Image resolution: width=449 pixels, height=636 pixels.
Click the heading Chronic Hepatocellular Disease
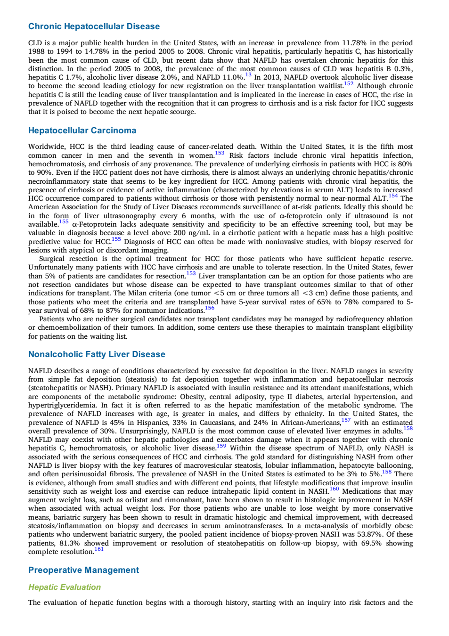click(94, 26)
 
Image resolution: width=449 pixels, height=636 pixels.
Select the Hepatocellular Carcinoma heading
click(82, 130)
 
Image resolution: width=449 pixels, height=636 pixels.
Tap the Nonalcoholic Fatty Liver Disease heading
click(97, 354)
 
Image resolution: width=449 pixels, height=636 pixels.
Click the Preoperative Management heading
click(83, 570)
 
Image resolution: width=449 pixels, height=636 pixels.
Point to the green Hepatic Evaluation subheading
click(65, 587)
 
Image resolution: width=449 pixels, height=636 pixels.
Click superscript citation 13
click(248, 75)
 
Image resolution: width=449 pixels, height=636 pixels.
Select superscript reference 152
click(349, 84)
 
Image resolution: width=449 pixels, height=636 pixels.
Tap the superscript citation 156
click(210, 308)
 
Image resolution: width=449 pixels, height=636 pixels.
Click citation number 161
click(99, 549)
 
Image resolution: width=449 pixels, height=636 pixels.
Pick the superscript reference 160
click(334, 489)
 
